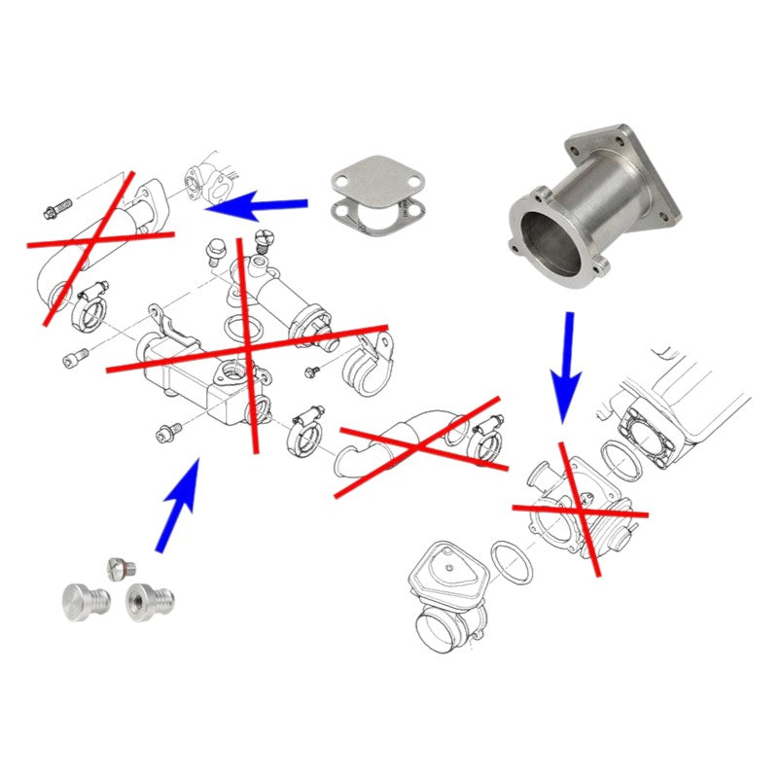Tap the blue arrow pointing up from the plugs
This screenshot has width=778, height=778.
coord(179,505)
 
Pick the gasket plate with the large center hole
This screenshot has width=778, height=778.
coord(370,222)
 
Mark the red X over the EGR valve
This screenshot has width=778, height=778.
coord(580,509)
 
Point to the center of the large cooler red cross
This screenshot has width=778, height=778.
coord(247,347)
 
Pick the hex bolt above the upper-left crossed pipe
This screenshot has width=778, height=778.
coord(57,208)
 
